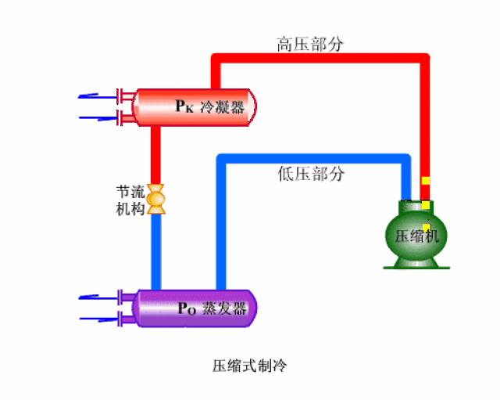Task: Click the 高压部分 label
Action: click(x=310, y=44)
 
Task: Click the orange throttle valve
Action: click(x=156, y=200)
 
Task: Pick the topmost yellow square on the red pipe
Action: click(x=426, y=181)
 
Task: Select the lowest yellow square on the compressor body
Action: click(x=427, y=227)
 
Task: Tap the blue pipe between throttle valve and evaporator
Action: click(x=156, y=250)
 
